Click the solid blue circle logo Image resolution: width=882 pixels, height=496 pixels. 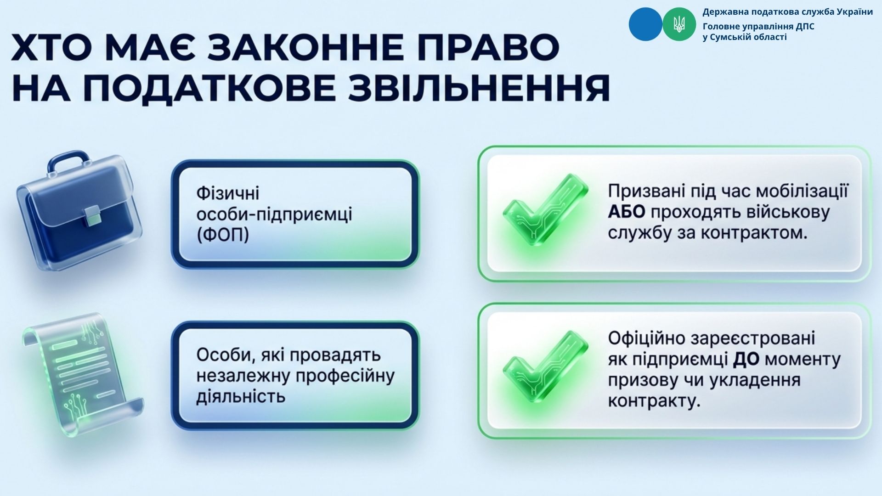click(x=645, y=24)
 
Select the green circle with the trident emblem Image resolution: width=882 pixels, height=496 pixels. click(x=679, y=24)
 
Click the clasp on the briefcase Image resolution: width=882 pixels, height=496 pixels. click(x=93, y=215)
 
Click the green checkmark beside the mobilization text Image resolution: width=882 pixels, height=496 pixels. click(x=544, y=209)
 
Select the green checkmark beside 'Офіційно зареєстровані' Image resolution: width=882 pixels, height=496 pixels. click(x=544, y=366)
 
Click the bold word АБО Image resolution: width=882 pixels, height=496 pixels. click(x=627, y=212)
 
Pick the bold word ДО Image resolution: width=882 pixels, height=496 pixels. click(x=746, y=360)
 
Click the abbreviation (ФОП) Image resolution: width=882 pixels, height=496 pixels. click(x=223, y=235)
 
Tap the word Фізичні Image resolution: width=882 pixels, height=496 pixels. click(x=228, y=193)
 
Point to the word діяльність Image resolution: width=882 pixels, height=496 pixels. click(x=241, y=396)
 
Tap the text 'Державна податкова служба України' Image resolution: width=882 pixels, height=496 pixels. click(x=787, y=12)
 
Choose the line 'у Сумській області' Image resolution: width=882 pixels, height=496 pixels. click(x=745, y=37)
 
